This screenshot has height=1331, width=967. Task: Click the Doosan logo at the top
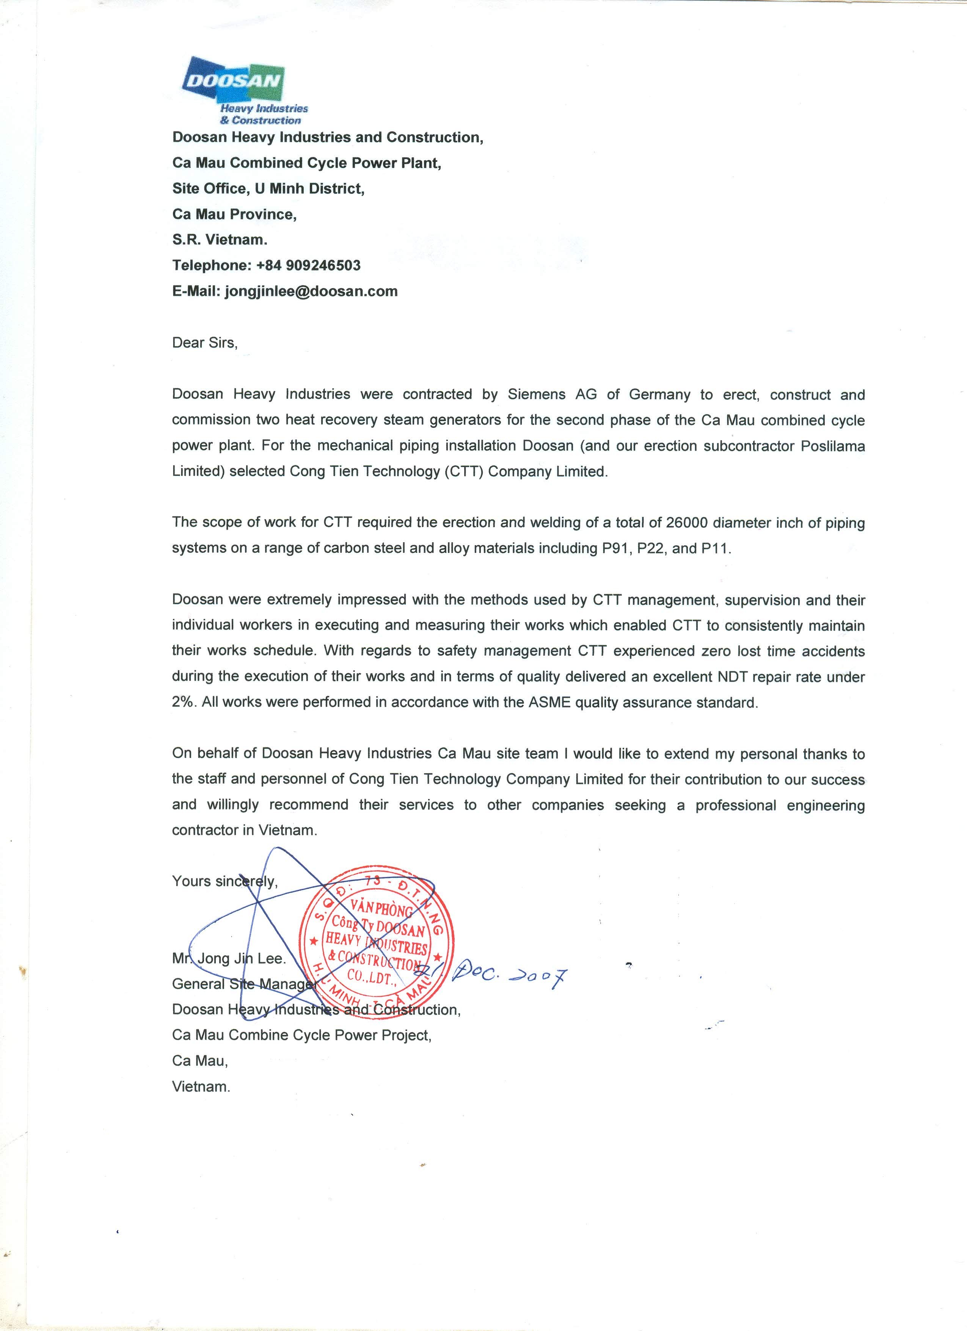click(x=235, y=88)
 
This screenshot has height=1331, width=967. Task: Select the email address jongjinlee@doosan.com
click(x=311, y=291)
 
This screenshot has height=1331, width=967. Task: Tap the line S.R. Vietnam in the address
click(x=220, y=239)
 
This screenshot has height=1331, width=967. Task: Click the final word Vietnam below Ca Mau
click(x=201, y=1086)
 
